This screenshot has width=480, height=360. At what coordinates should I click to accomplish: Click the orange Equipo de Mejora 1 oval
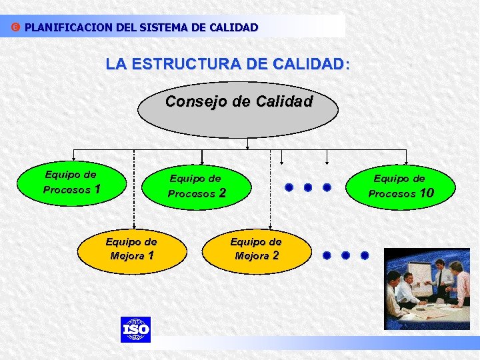coord(131,249)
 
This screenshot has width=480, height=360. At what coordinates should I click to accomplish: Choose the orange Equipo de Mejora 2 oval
coord(256,249)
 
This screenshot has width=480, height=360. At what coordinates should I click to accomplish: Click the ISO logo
coord(135,329)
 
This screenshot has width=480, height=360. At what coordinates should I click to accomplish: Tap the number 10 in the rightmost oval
coord(426,193)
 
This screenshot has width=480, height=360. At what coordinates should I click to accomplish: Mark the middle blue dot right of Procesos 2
coord(308,187)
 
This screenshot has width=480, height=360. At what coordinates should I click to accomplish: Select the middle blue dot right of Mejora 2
coord(346,255)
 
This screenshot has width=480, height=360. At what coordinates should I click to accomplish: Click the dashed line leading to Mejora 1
coord(135,193)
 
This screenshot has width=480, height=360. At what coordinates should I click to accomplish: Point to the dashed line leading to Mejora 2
coord(270,193)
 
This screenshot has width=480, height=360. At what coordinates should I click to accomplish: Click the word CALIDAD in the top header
coord(234,28)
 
